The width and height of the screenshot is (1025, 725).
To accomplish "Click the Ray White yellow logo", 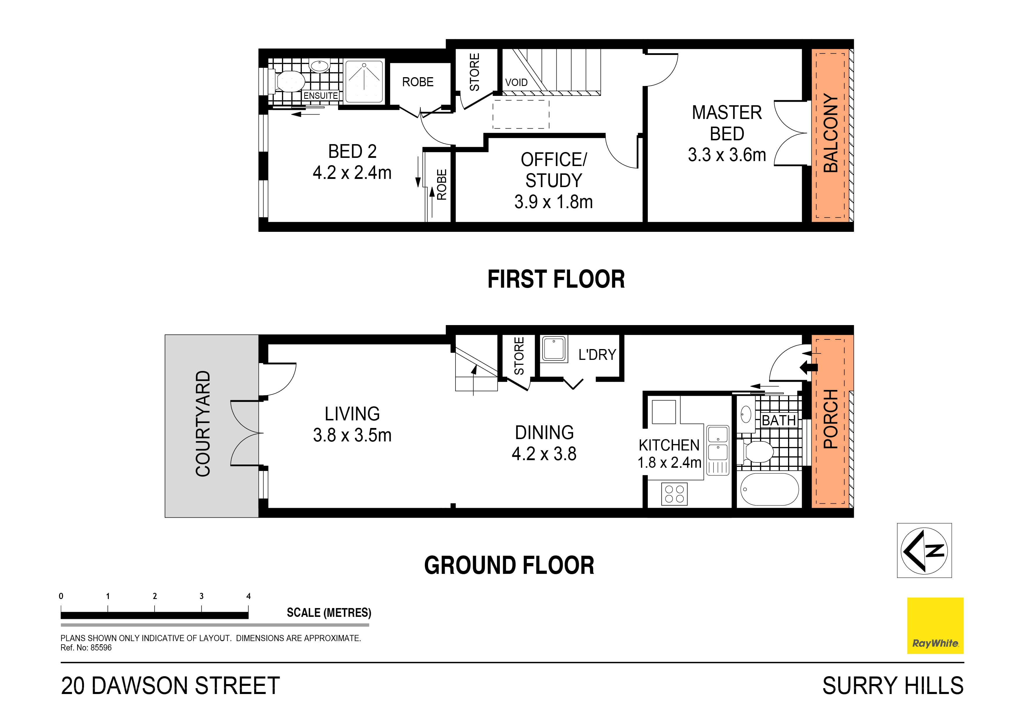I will [935, 625].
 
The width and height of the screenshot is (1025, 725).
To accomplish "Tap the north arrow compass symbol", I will [924, 550].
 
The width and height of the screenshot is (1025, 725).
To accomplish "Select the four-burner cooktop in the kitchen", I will [674, 493].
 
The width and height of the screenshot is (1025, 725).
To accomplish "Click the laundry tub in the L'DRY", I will [554, 348].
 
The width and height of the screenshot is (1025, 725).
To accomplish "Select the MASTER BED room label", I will [727, 123].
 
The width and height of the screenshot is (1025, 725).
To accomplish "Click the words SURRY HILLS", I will [893, 686].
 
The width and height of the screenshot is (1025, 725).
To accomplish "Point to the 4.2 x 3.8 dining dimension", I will [544, 454].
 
